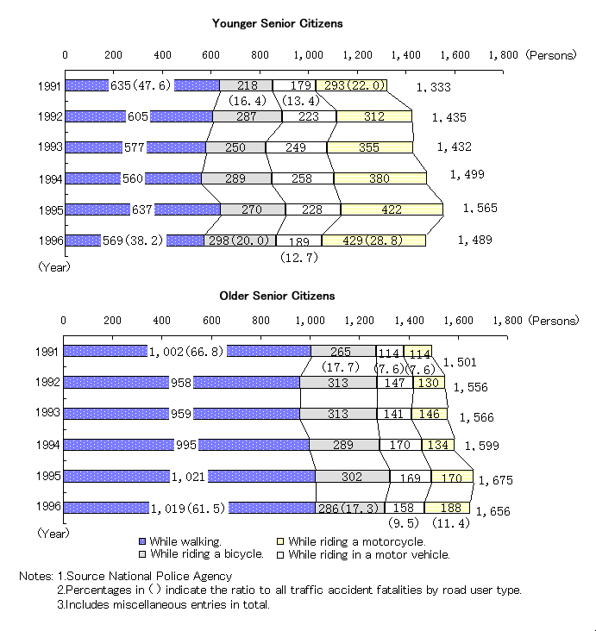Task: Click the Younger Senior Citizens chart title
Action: (277, 23)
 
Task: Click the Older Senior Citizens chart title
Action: (277, 296)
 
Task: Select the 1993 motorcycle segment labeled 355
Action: (368, 147)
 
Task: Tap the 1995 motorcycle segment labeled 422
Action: (391, 209)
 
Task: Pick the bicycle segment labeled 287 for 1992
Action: (247, 116)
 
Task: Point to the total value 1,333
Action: (433, 87)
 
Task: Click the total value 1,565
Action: (480, 208)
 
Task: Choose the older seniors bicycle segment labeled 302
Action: (352, 477)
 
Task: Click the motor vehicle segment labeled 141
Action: (394, 414)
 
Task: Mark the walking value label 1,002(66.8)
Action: (186, 352)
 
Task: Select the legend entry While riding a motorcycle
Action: (356, 541)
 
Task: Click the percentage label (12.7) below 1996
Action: (298, 256)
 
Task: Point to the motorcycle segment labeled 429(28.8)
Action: (373, 241)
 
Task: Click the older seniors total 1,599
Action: (481, 445)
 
